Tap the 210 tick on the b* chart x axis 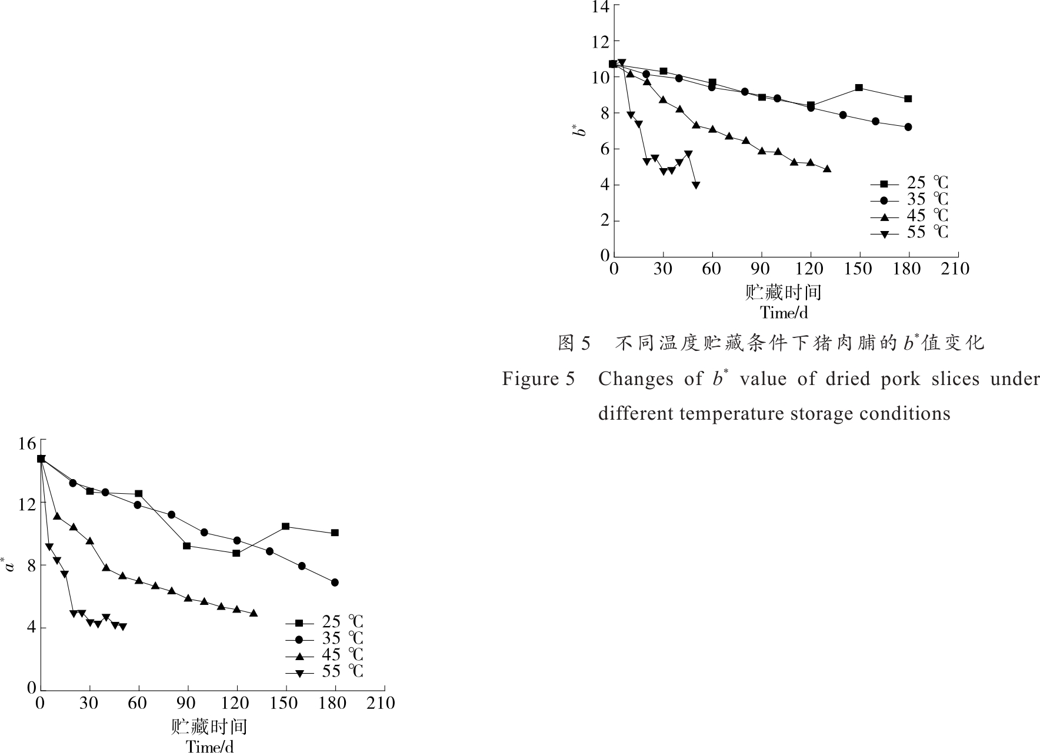(x=955, y=269)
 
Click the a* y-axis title (x=9, y=565)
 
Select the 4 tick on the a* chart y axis (x=31, y=627)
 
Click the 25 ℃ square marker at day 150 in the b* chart (x=859, y=88)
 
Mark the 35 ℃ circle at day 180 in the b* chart (x=908, y=127)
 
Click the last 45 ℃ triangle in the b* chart (x=827, y=169)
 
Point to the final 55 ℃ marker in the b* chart (x=696, y=185)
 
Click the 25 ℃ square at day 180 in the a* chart (x=335, y=533)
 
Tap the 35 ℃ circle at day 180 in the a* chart (x=335, y=583)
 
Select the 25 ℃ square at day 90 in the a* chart (x=187, y=545)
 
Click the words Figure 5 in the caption (x=538, y=379)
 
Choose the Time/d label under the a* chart (x=209, y=747)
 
